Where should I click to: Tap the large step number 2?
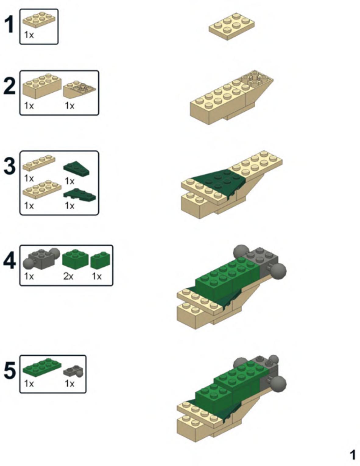pyautogui.click(x=10, y=86)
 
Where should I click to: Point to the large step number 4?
pyautogui.click(x=9, y=261)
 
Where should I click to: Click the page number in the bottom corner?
pyautogui.click(x=353, y=455)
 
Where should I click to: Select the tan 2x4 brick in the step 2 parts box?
pyautogui.click(x=42, y=86)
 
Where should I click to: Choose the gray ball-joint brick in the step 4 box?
pyautogui.click(x=41, y=259)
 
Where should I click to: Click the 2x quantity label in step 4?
pyautogui.click(x=68, y=276)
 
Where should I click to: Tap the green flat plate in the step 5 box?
pyautogui.click(x=42, y=368)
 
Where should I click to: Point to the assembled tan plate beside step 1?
pyautogui.click(x=232, y=26)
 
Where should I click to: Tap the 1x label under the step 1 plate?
pyautogui.click(x=29, y=35)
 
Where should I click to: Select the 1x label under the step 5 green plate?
pyautogui.click(x=29, y=384)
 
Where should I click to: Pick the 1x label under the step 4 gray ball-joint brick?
pyautogui.click(x=29, y=276)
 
